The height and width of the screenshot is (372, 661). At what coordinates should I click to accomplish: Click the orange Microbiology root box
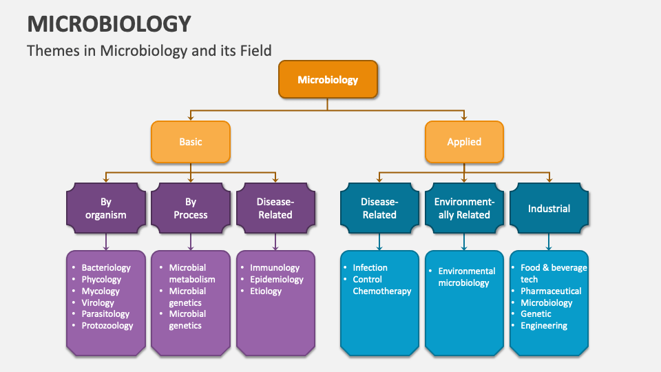pos(328,80)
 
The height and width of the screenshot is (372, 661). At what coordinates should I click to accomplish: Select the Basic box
pos(191,142)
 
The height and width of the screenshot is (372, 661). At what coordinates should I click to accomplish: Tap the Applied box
pos(464,142)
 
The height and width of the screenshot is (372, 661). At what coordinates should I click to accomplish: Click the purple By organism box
pos(106,208)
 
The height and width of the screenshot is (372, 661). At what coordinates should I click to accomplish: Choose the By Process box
pos(191,208)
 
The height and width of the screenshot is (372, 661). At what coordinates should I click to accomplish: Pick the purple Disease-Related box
pos(275,208)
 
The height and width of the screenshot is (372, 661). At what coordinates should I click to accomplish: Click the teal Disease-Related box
pos(379,208)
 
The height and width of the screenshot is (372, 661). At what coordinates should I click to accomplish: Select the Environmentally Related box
pos(464,208)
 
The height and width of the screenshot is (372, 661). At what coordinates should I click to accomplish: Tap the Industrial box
pos(549,208)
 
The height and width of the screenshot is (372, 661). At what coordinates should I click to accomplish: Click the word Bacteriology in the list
pos(106,268)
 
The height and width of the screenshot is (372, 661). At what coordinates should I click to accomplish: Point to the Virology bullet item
pos(98,302)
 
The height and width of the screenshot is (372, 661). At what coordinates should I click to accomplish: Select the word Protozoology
pos(107,326)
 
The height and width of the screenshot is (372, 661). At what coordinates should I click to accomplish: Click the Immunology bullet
pos(275,268)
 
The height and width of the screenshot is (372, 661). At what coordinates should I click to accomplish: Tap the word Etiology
pos(266,291)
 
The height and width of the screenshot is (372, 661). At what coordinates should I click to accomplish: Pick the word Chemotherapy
pos(382,291)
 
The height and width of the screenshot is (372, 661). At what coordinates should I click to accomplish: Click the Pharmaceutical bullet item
pos(551,291)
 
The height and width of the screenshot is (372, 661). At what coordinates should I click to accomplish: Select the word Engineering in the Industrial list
pos(544,326)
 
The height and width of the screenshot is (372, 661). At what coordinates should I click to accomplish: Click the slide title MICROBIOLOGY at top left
pos(109,24)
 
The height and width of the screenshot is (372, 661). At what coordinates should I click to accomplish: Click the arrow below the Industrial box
pos(549,241)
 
